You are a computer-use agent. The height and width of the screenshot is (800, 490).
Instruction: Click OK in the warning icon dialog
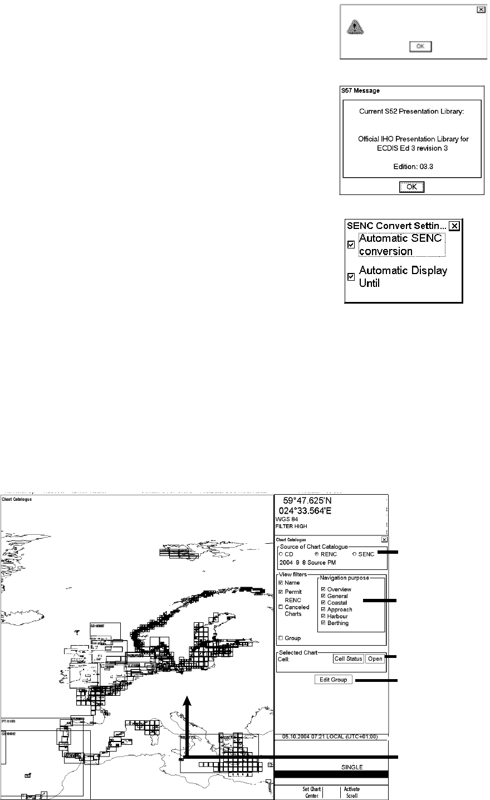420,47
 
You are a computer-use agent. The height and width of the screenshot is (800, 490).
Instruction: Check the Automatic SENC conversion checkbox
351,245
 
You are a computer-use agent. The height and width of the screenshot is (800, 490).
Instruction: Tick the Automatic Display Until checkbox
351,276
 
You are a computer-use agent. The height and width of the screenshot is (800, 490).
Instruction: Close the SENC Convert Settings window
455,226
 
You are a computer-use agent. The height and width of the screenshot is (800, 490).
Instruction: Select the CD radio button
281,554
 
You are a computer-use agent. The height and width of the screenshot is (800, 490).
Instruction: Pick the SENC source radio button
355,554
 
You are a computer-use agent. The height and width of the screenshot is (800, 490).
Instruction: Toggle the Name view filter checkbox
281,583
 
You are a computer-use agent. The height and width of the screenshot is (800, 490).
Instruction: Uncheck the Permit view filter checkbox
281,592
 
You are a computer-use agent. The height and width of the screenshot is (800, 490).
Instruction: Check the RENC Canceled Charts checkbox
281,607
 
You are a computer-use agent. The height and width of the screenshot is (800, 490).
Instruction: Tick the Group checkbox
281,638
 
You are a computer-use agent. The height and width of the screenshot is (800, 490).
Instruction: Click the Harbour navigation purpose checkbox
322,616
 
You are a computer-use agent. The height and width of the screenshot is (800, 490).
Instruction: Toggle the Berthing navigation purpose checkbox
322,623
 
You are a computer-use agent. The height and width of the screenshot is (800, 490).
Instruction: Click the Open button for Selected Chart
375,659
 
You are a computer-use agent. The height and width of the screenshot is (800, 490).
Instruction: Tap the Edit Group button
333,680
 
